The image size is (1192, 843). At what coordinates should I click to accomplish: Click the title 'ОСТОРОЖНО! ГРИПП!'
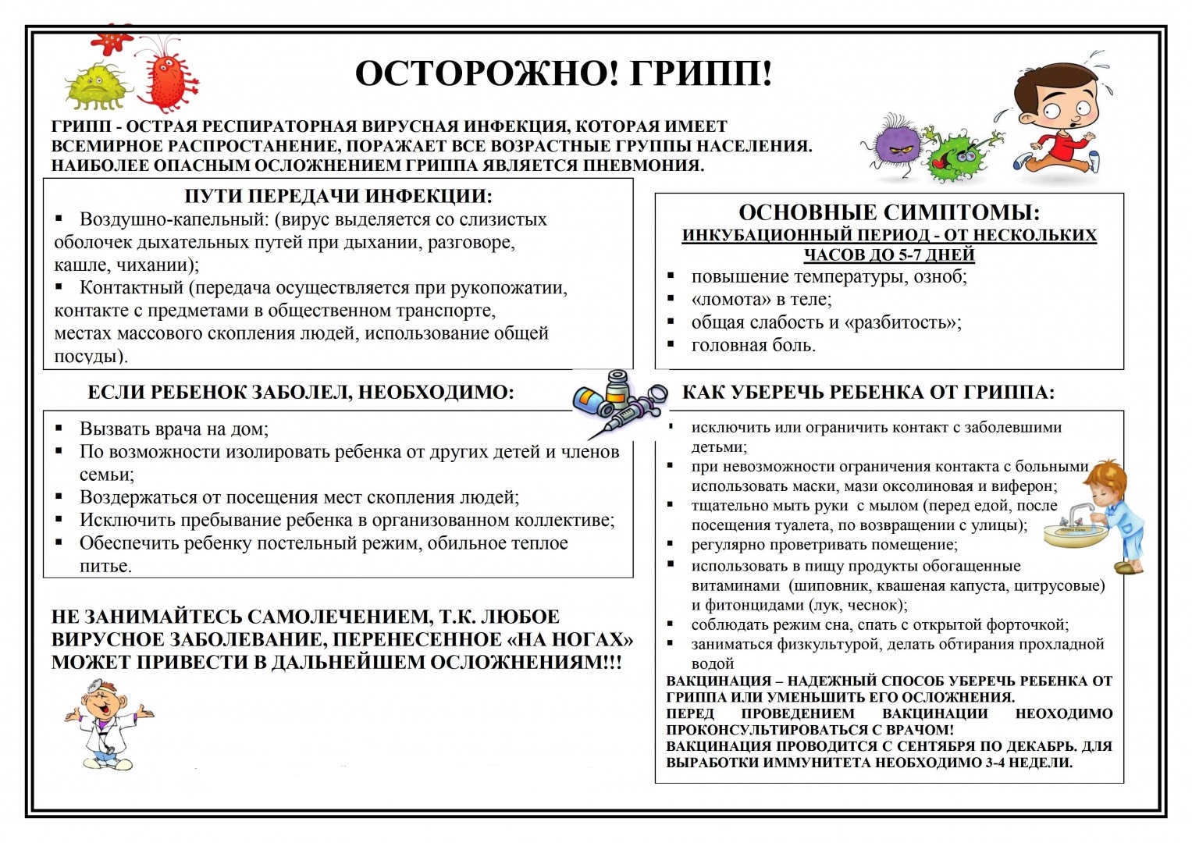pos(564,74)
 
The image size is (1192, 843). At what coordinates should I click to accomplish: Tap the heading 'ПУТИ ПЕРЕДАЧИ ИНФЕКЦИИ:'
pos(338,196)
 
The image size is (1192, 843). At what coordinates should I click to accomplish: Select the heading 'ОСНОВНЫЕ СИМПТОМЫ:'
pos(889,213)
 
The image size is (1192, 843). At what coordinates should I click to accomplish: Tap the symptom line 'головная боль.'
pos(753,346)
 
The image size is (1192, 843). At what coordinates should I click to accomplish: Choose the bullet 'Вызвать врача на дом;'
pos(173,429)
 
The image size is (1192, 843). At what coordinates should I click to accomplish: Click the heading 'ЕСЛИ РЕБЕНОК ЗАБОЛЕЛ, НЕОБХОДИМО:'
pos(301,393)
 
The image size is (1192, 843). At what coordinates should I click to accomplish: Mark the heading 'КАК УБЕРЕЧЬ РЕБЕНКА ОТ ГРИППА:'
pos(868,393)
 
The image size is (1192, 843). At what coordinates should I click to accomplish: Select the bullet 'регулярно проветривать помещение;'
pos(824,545)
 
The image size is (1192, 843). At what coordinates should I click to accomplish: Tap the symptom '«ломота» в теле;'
pos(761,300)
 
